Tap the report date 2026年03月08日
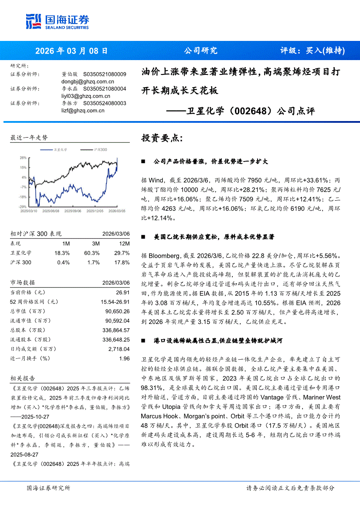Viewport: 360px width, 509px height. pos(71,51)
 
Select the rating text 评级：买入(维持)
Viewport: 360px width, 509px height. pos(312,51)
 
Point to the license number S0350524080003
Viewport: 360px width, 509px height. pos(105,103)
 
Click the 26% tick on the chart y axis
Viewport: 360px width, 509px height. pos(24,157)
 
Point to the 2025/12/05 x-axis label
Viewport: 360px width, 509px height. pos(95,210)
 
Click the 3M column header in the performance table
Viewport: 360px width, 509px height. pos(96,243)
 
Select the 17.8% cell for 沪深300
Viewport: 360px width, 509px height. pos(123,263)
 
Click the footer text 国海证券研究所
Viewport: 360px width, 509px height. pos(48,488)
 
